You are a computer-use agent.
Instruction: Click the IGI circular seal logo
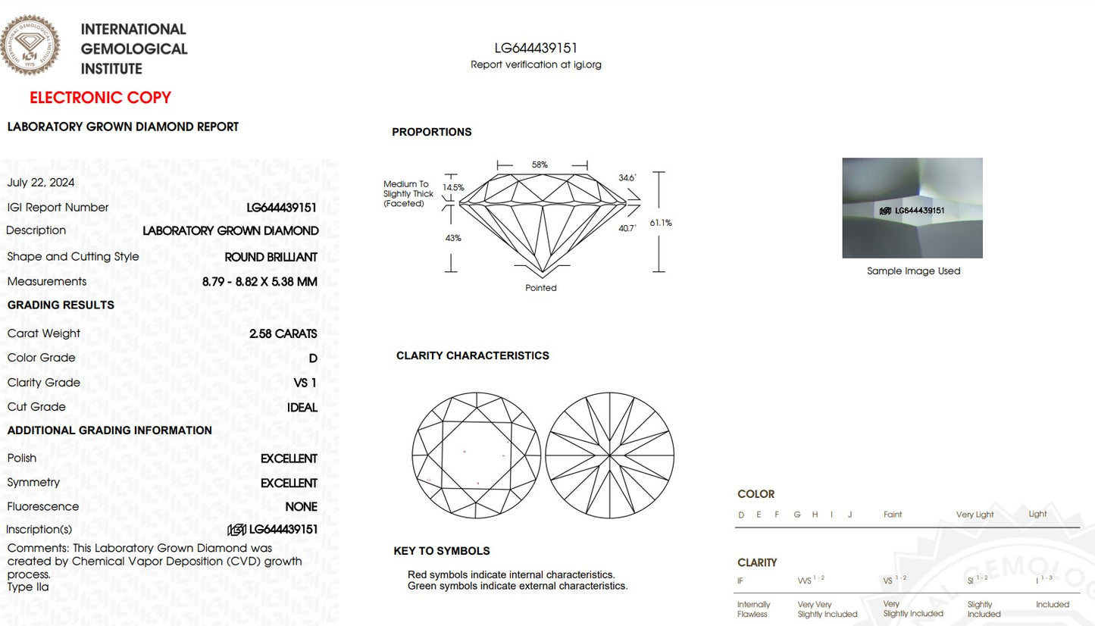pyautogui.click(x=30, y=45)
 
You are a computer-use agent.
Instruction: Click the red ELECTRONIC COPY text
pyautogui.click(x=100, y=98)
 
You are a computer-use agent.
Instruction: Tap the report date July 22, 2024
pyautogui.click(x=41, y=183)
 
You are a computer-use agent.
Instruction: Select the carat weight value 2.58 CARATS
pyautogui.click(x=283, y=333)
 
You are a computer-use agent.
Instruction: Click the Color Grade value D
pyautogui.click(x=313, y=358)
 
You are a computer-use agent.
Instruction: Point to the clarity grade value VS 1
pyautogui.click(x=305, y=383)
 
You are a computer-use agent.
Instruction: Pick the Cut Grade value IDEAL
pyautogui.click(x=302, y=407)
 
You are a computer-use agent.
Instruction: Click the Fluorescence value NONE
pyautogui.click(x=301, y=507)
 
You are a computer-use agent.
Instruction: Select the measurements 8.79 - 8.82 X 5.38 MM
pyautogui.click(x=259, y=282)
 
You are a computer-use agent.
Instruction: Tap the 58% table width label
pyautogui.click(x=540, y=164)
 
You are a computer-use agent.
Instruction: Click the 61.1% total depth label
pyautogui.click(x=661, y=223)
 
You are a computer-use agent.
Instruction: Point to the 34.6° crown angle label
pyautogui.click(x=627, y=177)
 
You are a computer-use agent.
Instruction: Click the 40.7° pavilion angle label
pyautogui.click(x=627, y=228)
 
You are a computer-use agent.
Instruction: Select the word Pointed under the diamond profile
pyautogui.click(x=541, y=288)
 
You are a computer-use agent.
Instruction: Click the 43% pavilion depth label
pyautogui.click(x=453, y=238)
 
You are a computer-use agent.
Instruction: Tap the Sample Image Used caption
pyautogui.click(x=913, y=271)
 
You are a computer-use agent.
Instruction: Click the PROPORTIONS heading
pyautogui.click(x=431, y=132)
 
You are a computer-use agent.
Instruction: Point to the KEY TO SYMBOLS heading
pyautogui.click(x=442, y=551)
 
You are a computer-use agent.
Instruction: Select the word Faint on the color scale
pyautogui.click(x=893, y=515)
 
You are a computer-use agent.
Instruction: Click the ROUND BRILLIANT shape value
pyautogui.click(x=271, y=257)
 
